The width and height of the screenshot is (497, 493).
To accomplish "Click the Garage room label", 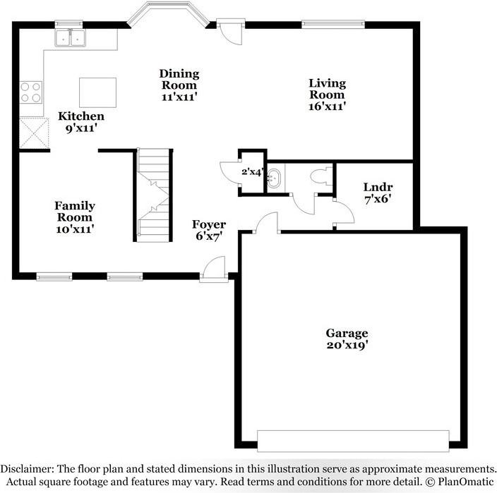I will [346, 339].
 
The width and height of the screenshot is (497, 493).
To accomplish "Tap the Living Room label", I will [327, 94].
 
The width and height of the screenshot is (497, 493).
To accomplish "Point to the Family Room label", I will [75, 217].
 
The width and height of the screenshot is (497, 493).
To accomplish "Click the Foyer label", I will [210, 230].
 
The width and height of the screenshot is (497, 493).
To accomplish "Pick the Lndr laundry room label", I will [378, 193].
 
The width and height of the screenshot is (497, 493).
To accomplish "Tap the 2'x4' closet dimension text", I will [252, 171].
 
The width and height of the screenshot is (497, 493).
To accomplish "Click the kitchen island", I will [97, 92].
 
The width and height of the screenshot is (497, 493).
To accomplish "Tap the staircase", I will [154, 195].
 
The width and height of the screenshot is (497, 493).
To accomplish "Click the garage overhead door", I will [352, 441].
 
